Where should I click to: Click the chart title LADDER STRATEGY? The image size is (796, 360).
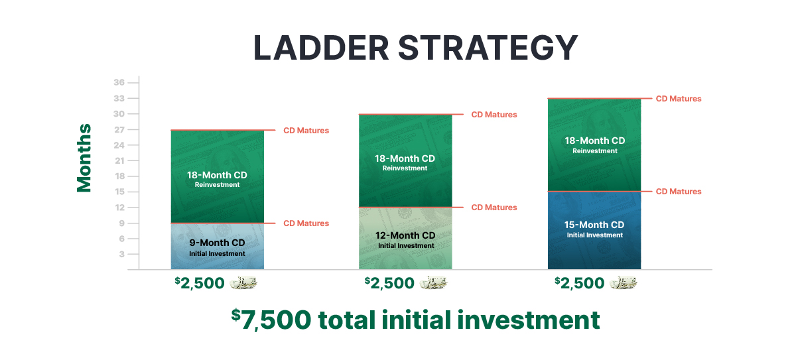415,48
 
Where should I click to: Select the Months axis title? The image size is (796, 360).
84,158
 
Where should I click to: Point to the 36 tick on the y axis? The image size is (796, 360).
119,82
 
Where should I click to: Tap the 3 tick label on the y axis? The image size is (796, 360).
122,254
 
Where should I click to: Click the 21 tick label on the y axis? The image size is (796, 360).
119,161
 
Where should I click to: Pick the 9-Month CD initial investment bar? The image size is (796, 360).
218,246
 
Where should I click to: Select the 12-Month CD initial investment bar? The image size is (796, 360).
405,238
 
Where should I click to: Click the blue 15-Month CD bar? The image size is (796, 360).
594,231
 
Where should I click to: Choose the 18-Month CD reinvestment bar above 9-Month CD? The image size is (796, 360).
218,177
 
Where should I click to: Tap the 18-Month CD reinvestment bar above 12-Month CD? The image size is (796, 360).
405,161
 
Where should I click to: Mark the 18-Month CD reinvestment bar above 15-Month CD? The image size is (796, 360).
594,145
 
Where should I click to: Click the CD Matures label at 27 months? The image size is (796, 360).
306,131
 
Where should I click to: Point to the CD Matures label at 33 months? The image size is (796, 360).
679,99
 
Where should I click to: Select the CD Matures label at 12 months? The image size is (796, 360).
494,208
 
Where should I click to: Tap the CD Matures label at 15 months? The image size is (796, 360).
679,192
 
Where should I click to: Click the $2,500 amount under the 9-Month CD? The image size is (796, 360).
200,283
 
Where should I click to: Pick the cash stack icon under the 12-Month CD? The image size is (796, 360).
434,282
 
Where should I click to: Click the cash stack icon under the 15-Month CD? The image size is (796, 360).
624,282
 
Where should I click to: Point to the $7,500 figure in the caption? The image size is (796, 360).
271,320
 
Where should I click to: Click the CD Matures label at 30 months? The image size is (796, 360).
494,114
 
